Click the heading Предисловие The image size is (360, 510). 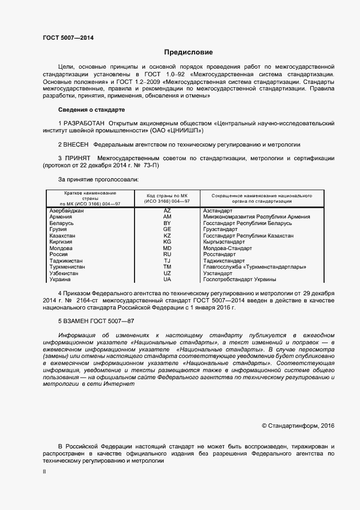188,52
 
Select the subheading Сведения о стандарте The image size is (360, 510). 91,110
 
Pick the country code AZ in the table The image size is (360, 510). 167,210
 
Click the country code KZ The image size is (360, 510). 167,235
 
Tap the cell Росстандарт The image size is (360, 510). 221,254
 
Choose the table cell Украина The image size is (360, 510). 60,280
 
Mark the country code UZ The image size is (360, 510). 167,273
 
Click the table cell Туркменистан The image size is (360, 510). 67,267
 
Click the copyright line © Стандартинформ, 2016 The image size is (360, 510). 298,426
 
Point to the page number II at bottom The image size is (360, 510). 44,472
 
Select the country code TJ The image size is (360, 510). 167,260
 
